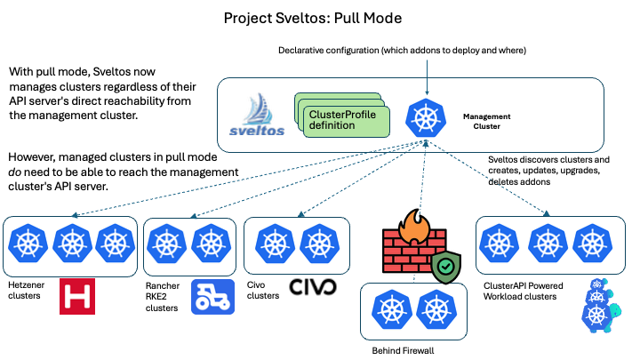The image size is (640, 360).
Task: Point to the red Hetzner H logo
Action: (78, 296)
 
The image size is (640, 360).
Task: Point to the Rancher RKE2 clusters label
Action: (164, 296)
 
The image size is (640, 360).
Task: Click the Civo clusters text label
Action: (263, 290)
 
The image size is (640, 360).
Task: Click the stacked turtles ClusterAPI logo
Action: (598, 302)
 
